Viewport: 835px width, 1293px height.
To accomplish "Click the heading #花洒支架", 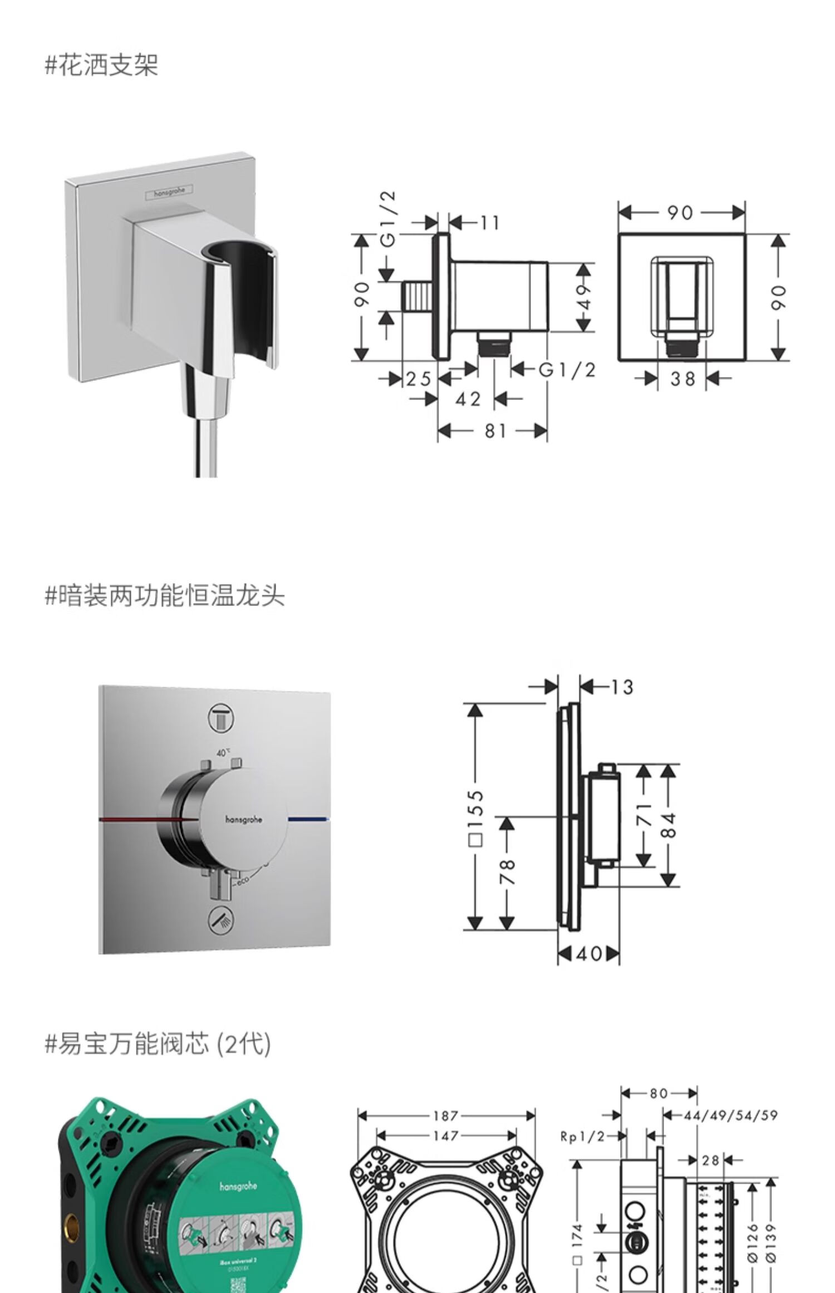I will pos(102,65).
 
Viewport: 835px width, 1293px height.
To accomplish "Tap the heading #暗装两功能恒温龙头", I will pos(165,596).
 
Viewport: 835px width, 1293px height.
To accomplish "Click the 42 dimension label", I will pos(468,399).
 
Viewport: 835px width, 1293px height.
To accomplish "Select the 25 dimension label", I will pos(419,379).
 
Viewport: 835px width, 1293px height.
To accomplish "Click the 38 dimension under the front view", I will pos(682,379).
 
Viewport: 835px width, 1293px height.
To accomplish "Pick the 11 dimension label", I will pos(490,223).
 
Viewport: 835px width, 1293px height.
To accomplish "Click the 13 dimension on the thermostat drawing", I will pos(622,687).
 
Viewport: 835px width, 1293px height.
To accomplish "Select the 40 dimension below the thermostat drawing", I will pos(589,954).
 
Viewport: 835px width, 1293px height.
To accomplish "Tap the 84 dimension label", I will pos(670,825).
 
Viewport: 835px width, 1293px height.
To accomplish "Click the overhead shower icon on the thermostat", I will pos(221,717).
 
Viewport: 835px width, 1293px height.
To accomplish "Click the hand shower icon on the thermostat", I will pos(221,922).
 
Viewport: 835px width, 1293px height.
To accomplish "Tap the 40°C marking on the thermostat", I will pos(223,752).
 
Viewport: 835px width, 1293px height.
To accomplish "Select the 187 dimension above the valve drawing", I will pos(445,1115).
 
